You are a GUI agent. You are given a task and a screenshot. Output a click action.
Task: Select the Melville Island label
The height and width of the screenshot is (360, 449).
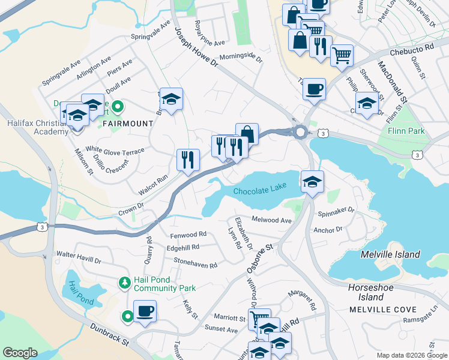(x=390, y=254)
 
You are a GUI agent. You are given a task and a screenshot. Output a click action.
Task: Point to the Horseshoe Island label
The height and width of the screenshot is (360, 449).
(x=366, y=292)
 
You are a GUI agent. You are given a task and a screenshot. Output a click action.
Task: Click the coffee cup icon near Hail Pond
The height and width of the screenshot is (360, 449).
(x=145, y=312)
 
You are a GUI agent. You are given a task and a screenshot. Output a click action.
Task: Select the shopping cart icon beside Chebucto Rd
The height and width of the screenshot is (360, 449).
(x=341, y=56)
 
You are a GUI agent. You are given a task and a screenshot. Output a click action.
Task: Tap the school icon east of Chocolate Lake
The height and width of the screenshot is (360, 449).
(x=312, y=182)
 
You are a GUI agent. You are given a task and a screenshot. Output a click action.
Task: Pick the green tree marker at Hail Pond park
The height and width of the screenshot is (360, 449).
(x=124, y=281)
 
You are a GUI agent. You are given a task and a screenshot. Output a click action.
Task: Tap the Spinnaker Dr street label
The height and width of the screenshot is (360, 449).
(x=336, y=212)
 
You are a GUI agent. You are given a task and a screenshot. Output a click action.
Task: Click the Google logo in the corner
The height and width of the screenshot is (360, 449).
(x=20, y=353)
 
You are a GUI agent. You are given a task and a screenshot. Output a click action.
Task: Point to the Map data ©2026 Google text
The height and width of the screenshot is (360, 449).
(x=412, y=355)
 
